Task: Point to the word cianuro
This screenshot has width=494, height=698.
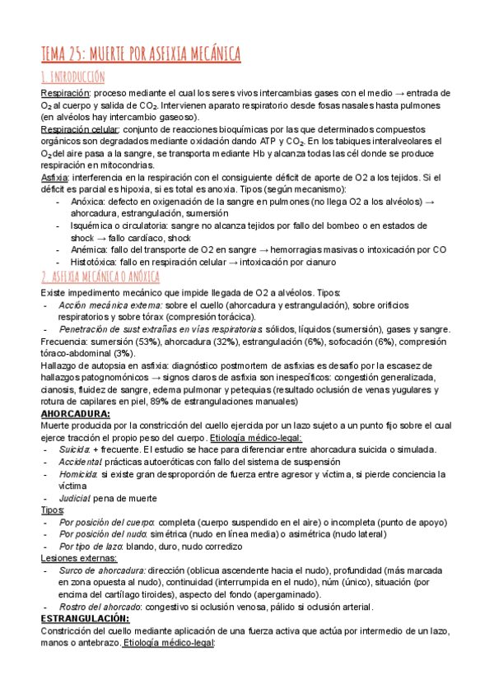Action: pyautogui.click(x=318, y=262)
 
